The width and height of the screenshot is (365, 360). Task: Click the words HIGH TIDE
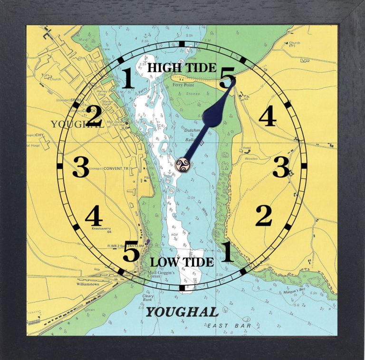(181, 68)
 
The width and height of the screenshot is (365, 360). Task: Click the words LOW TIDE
(182, 262)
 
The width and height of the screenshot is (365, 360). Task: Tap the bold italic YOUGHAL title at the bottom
(182, 312)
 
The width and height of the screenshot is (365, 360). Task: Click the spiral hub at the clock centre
(182, 165)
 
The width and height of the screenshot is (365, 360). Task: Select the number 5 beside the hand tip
(227, 77)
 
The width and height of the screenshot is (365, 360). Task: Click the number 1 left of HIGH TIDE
(128, 78)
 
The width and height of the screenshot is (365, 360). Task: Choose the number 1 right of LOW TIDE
(228, 252)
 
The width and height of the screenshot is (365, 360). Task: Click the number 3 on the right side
(280, 167)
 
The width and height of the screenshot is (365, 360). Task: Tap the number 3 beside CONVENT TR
(80, 167)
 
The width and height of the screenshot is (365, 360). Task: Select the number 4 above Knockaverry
(94, 217)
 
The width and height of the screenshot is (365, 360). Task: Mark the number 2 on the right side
(263, 216)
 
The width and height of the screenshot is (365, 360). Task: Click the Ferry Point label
(184, 85)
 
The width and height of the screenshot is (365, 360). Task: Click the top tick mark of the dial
(182, 44)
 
